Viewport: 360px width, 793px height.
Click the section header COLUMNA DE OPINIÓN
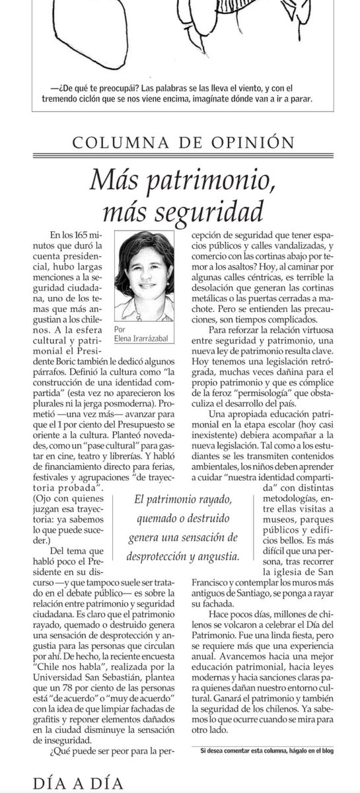pos(180,141)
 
